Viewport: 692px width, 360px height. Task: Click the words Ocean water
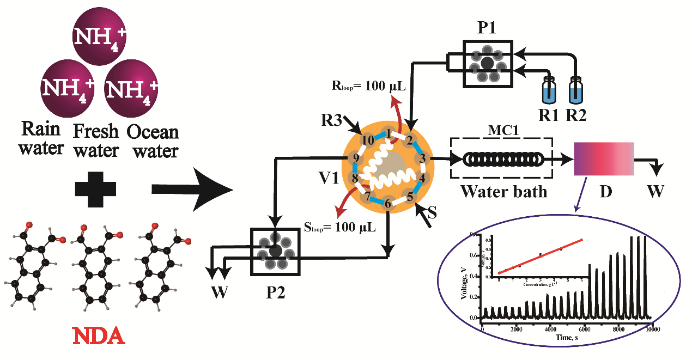point(153,141)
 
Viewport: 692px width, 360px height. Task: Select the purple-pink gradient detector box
point(604,158)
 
